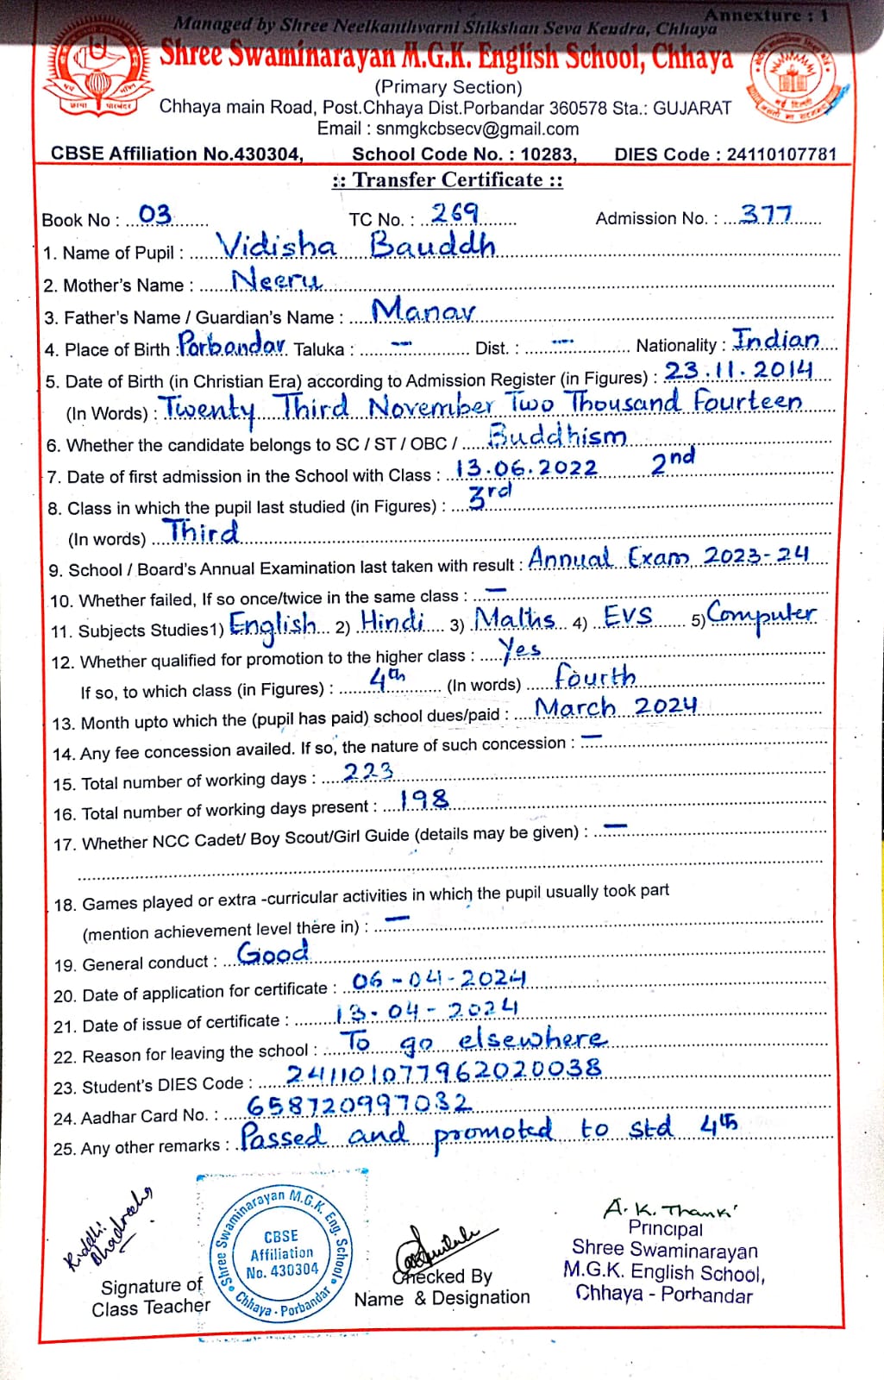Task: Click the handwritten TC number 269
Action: [455, 213]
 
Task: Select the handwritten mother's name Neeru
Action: [276, 280]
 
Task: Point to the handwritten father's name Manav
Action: [423, 310]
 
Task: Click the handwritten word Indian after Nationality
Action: [776, 340]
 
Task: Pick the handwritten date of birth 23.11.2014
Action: [738, 371]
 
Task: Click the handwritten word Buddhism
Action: [557, 436]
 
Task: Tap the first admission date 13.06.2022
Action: [526, 468]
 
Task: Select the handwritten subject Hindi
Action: [392, 621]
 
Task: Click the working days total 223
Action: [368, 771]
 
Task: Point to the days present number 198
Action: [425, 800]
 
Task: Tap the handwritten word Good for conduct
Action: [273, 953]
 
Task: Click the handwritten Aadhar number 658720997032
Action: [360, 1105]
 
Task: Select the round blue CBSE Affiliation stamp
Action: [282, 1251]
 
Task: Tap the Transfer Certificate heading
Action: [448, 180]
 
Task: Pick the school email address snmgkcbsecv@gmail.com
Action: [448, 129]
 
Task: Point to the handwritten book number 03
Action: [155, 214]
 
